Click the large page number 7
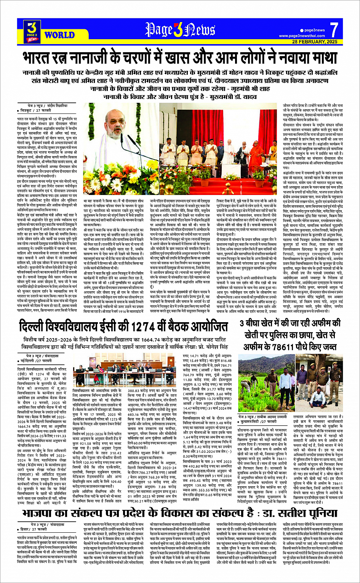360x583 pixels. tap(334, 30)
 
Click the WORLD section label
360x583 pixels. tap(59, 35)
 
